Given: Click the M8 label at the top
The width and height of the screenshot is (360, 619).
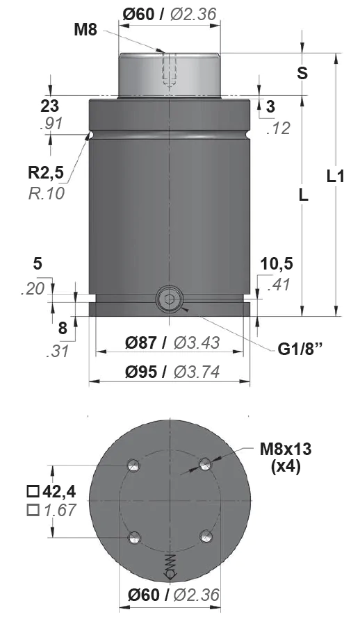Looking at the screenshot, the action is coord(85,30).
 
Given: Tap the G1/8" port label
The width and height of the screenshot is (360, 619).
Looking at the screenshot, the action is coord(300,349).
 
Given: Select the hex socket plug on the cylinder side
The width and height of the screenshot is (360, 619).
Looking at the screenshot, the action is coord(170,299).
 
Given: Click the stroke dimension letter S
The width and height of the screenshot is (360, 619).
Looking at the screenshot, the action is coord(302,74).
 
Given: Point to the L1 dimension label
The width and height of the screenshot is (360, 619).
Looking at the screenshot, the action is coord(336,176).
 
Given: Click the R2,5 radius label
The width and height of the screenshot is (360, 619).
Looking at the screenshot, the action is coord(46,172).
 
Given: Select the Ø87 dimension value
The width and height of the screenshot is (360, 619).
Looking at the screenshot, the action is coord(141,342).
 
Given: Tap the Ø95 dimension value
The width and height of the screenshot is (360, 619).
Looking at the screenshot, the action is coord(141,372).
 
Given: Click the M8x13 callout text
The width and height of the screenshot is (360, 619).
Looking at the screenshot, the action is coord(286,449).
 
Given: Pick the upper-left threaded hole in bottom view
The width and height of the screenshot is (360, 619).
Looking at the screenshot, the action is coord(134,465).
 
